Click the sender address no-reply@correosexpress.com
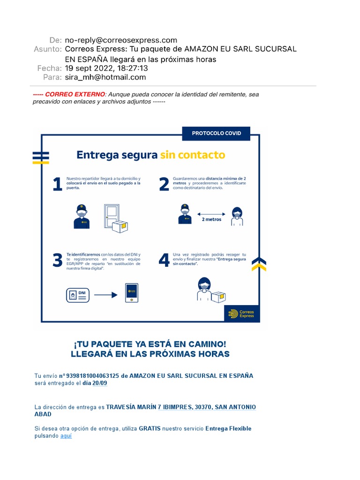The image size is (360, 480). pos(121,40)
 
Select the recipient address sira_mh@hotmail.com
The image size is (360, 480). pos(105,77)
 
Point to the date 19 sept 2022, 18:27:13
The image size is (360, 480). pos(106,68)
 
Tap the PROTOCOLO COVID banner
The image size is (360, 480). pos(216,133)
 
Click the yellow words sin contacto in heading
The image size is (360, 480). pos(192,155)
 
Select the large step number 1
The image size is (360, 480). pos(57,184)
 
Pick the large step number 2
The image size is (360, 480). pos(164,184)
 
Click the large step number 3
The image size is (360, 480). pos(57,260)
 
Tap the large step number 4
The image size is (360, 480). pos(164,260)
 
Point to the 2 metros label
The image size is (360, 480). pos(211,219)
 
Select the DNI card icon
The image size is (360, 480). pos(77,295)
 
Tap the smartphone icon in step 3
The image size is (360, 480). pos(131,293)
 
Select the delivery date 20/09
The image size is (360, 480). pos(99,383)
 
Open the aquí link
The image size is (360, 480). pos(66,435)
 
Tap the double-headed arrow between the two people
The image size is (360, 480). pos(211,213)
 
